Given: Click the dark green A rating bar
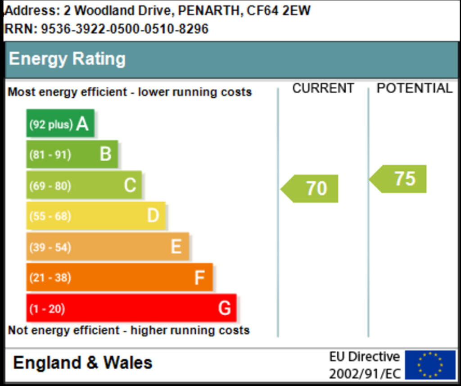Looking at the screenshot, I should pyautogui.click(x=60, y=123).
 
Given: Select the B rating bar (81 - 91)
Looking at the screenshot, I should pyautogui.click(x=72, y=154).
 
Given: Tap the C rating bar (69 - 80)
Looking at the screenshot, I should pyautogui.click(x=84, y=185).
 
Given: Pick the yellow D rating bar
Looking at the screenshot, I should pyautogui.click(x=95, y=216).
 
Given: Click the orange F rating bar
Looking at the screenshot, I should pyautogui.click(x=119, y=277).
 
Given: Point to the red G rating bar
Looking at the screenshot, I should pyautogui.click(x=131, y=308).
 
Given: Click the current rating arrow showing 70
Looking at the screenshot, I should pyautogui.click(x=310, y=188).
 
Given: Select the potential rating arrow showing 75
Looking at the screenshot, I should pyautogui.click(x=398, y=179).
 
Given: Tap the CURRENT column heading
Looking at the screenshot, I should pyautogui.click(x=323, y=88).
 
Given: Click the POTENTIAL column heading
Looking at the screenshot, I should pyautogui.click(x=414, y=88).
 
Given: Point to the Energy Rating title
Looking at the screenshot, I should pyautogui.click(x=67, y=59).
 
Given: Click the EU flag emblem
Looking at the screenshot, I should pyautogui.click(x=430, y=364).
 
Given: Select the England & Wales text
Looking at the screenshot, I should pyautogui.click(x=83, y=363).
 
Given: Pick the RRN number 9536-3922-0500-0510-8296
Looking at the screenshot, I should pyautogui.click(x=125, y=29).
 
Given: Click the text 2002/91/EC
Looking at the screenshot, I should pyautogui.click(x=365, y=374).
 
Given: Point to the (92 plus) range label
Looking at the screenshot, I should pyautogui.click(x=50, y=124).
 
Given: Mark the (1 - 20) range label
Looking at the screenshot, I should pyautogui.click(x=47, y=309).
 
